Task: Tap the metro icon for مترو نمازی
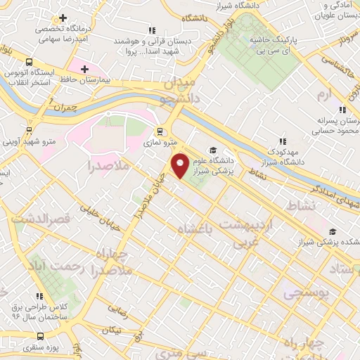pos(160,131)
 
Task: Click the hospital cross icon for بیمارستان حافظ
pos(85,69)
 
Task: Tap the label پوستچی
pos(306,293)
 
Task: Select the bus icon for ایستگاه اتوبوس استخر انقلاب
pos(30,62)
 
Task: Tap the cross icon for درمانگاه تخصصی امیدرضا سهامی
pos(63,18)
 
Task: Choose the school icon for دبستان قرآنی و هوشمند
pos(151,30)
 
